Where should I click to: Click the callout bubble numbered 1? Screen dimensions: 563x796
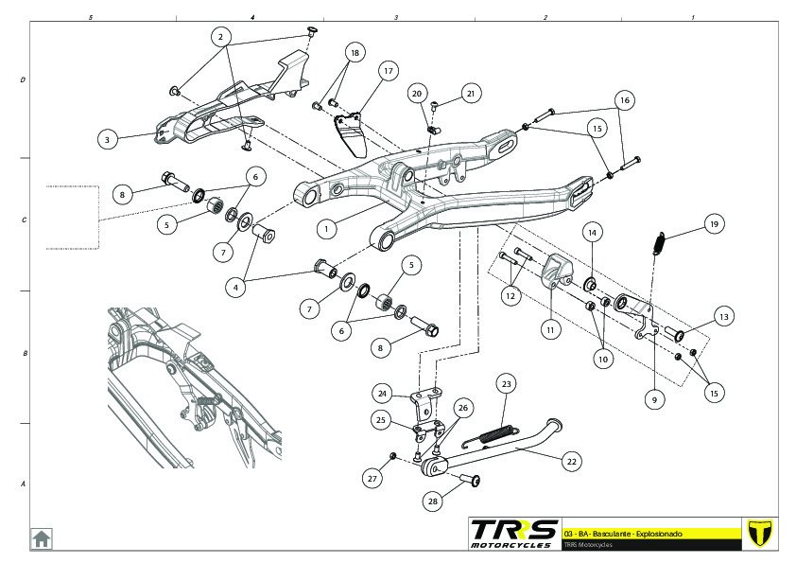click(x=326, y=228)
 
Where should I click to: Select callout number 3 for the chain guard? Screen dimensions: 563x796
click(x=109, y=139)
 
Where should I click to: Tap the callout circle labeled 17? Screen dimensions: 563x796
click(x=388, y=71)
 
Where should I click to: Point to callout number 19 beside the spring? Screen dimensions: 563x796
click(x=714, y=225)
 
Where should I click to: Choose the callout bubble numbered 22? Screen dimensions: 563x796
click(x=570, y=462)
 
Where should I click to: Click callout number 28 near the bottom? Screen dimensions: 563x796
click(x=433, y=501)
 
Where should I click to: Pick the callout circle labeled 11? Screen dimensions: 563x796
click(x=551, y=330)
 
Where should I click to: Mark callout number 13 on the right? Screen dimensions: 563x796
click(x=723, y=316)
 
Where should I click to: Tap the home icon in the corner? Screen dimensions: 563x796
click(x=43, y=537)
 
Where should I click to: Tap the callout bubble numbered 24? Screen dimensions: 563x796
click(x=382, y=393)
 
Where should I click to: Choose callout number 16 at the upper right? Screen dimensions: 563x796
click(x=624, y=99)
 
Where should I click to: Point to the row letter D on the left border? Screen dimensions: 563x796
click(x=23, y=80)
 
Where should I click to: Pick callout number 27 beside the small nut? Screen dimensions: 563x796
click(x=372, y=479)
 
